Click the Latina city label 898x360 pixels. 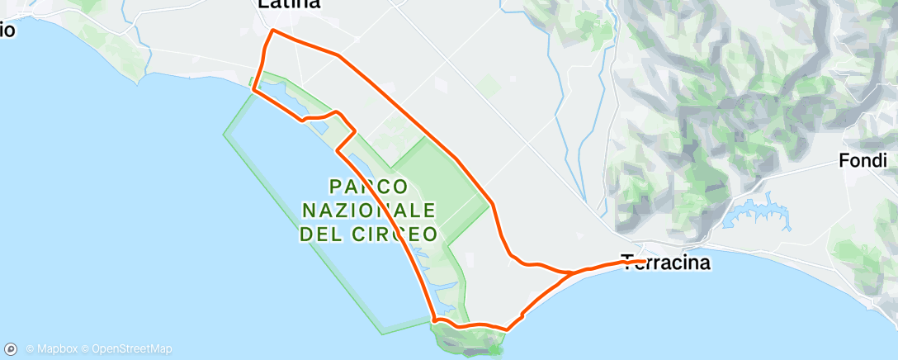click(x=288, y=5)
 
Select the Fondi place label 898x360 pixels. click(x=863, y=161)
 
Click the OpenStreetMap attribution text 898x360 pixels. click(x=132, y=349)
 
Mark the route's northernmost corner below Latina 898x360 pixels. click(x=272, y=31)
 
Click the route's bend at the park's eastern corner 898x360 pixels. click(x=493, y=201)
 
